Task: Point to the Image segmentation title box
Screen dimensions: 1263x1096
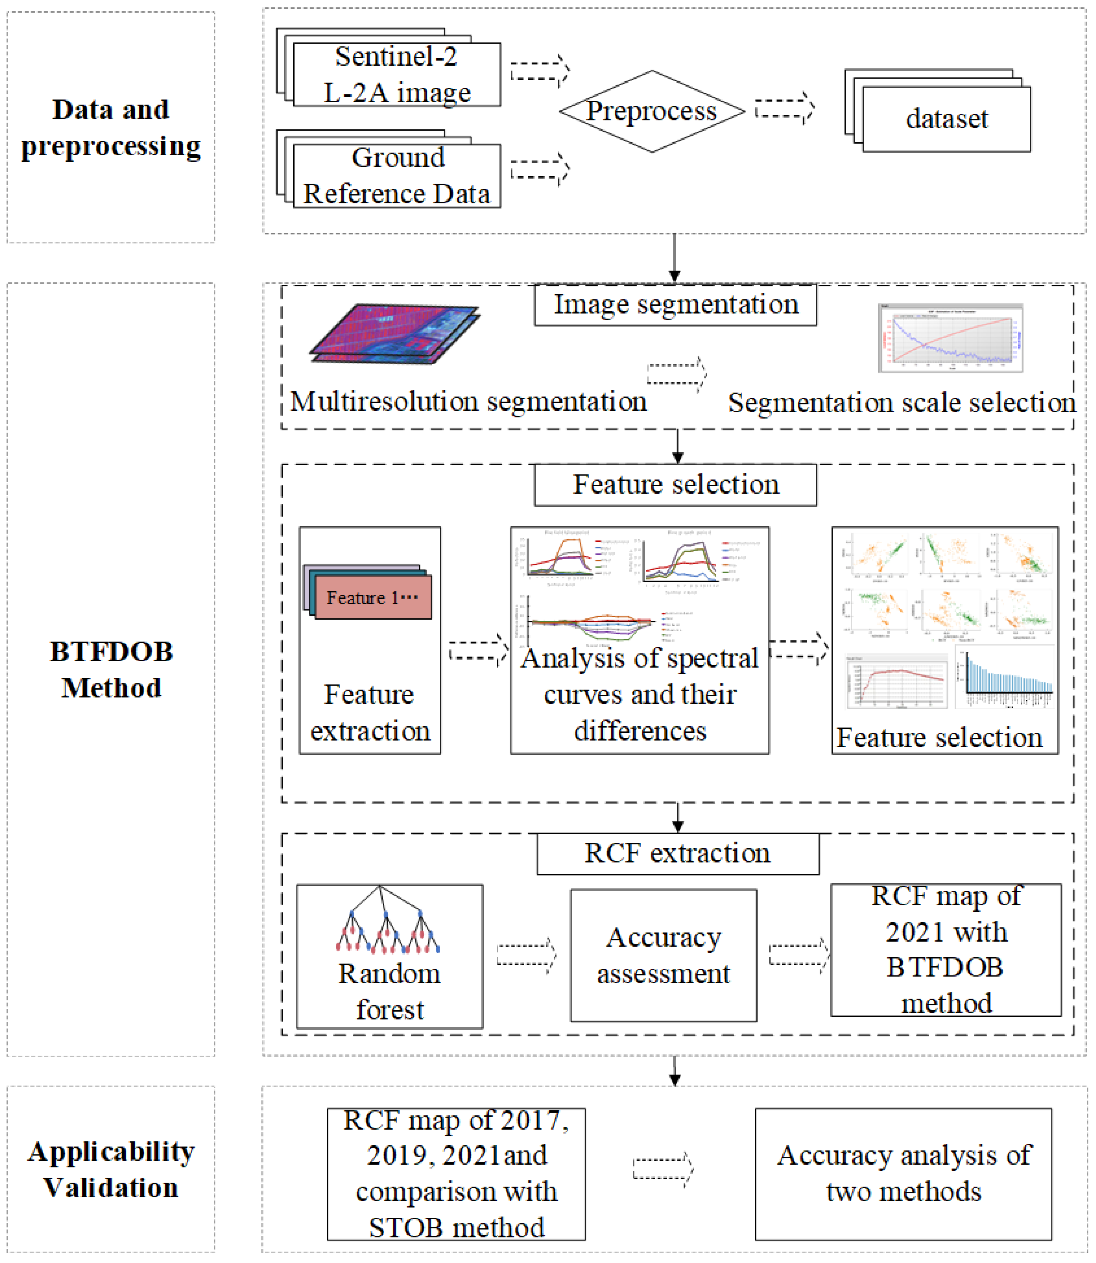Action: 675,305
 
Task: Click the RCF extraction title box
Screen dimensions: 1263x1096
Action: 678,853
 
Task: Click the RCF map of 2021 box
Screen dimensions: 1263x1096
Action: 946,950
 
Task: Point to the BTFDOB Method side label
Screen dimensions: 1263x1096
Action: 111,670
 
